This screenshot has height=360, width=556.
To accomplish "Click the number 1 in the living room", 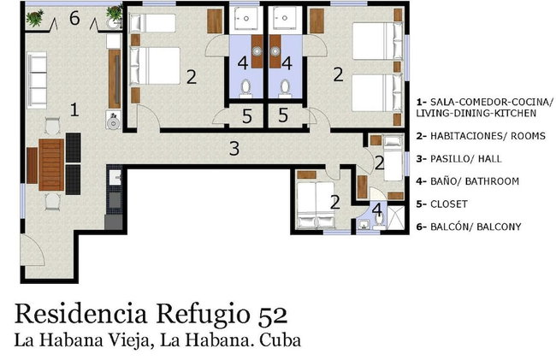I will click(x=74, y=109).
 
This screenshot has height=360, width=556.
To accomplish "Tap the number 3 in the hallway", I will click(x=234, y=149).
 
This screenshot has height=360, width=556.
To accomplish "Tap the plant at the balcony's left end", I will click(x=35, y=15).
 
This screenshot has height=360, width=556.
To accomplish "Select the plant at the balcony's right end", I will click(x=114, y=14).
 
